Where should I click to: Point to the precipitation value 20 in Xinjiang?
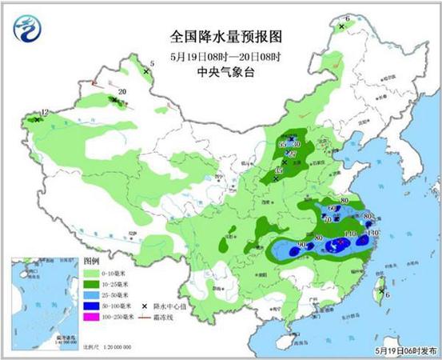tap(121, 92)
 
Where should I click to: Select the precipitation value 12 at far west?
tap(45, 113)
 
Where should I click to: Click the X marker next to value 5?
tap(146, 72)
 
